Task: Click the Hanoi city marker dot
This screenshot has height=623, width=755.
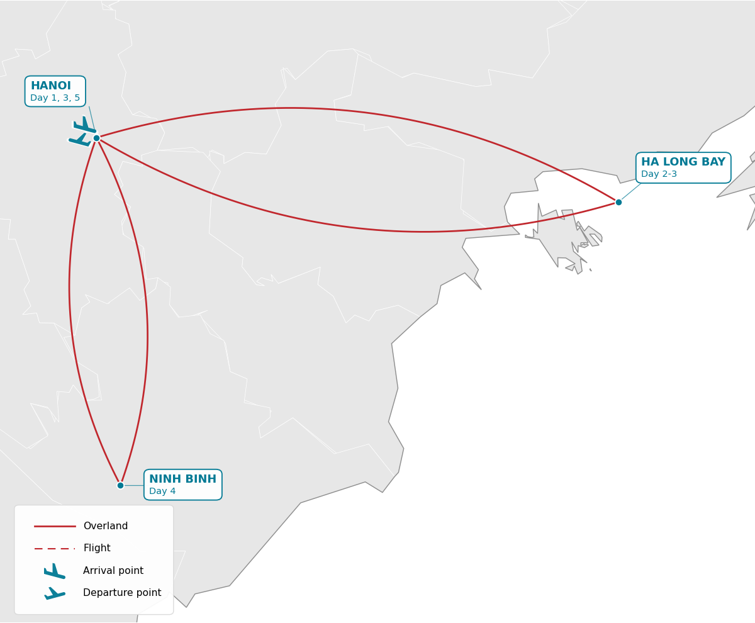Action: pos(96,138)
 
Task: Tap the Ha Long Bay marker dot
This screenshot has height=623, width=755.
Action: pos(618,202)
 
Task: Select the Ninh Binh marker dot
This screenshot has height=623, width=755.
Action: pos(120,485)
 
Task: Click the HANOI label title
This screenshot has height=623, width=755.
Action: pos(51,86)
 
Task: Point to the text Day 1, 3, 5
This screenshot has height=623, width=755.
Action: pos(55,98)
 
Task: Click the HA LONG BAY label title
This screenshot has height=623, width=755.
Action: pos(683,162)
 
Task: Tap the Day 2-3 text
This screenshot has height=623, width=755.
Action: pos(659,174)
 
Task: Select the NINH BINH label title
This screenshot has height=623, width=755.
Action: pos(182,479)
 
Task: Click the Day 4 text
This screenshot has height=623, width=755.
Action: pos(162,491)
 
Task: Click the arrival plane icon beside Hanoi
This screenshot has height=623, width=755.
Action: pos(84,125)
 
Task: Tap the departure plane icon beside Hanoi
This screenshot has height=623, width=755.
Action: pos(80,140)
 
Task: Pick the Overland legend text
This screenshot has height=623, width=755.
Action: pos(106,525)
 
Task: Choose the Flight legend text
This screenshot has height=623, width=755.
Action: pos(97,547)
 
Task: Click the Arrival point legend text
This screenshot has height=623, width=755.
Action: pos(113,571)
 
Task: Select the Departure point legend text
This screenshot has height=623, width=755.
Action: pos(122,593)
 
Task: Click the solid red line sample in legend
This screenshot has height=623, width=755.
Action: pos(55,526)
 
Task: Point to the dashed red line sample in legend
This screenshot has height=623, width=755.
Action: pos(55,549)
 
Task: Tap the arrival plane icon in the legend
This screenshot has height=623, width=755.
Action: pos(55,571)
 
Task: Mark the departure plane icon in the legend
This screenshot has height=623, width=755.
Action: pos(55,593)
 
